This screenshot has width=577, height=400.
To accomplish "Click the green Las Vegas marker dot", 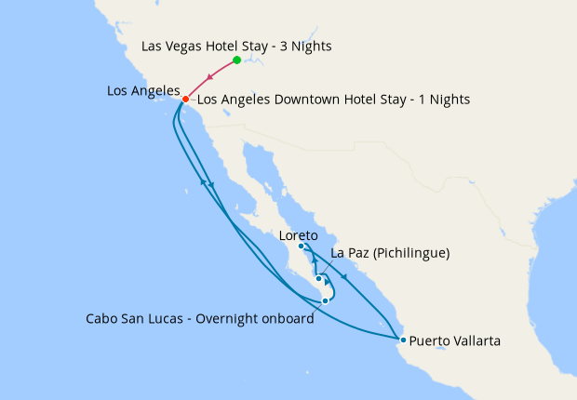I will point(236,60).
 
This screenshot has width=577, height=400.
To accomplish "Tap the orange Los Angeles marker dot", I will point(185,99).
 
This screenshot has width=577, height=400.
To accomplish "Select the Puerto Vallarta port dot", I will point(403,340).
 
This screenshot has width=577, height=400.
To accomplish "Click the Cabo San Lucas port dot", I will point(325,300).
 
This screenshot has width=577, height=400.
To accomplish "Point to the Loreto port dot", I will point(302,247).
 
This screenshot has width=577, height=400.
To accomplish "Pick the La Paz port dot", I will point(318,278).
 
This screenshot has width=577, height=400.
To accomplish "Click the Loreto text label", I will point(299,235).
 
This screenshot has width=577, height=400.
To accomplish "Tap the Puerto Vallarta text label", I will point(455,341).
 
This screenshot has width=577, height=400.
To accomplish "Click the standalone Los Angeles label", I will point(143,90).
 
